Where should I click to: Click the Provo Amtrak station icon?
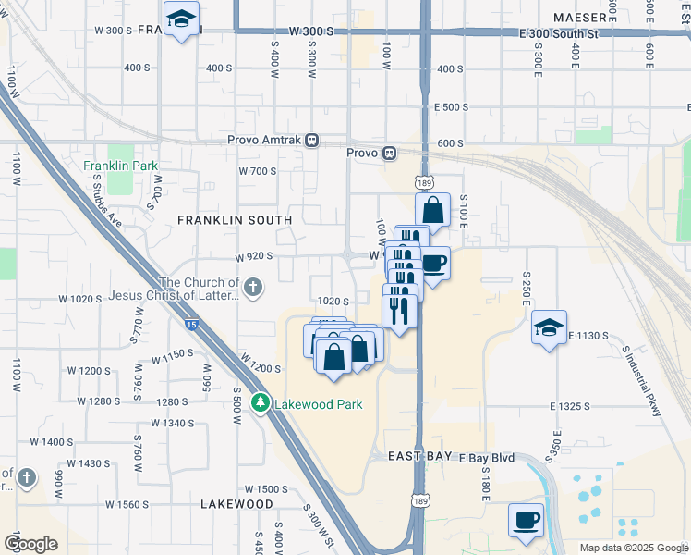pyautogui.click(x=312, y=141)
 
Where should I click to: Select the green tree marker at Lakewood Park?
pyautogui.click(x=261, y=403)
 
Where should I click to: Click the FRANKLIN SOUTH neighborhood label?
pyautogui.click(x=235, y=220)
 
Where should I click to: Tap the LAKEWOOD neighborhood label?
pyautogui.click(x=237, y=504)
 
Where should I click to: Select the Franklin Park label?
pyautogui.click(x=120, y=166)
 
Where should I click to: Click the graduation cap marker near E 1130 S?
pyautogui.click(x=550, y=328)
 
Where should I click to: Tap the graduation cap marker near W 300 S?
pyautogui.click(x=181, y=18)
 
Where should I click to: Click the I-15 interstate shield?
pyautogui.click(x=191, y=325)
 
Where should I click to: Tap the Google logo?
pyautogui.click(x=31, y=543)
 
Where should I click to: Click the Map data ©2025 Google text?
pyautogui.click(x=633, y=548)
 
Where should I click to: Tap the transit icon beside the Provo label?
pyautogui.click(x=390, y=153)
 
